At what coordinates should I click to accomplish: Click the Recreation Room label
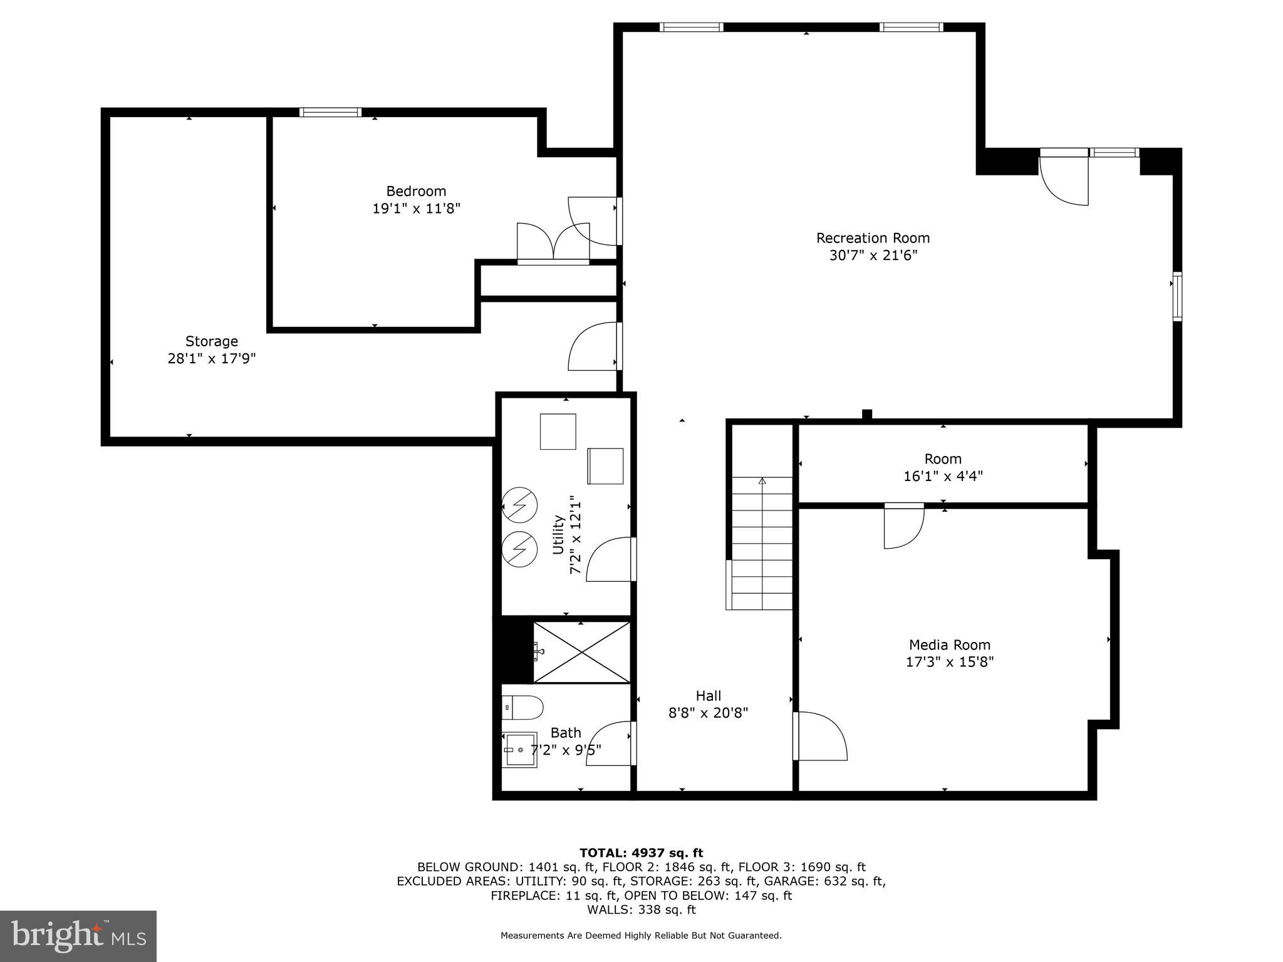pos(873,239)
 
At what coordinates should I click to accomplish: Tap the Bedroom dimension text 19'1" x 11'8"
pos(417,209)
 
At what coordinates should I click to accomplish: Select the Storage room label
pos(212,341)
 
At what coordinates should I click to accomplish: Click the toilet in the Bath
pos(523,707)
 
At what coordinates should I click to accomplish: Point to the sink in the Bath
pos(520,750)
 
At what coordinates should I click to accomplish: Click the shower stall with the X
pos(581,653)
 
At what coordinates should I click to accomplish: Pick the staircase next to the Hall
pos(762,542)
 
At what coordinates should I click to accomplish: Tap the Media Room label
pos(950,644)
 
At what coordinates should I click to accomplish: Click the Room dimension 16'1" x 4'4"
pos(943,476)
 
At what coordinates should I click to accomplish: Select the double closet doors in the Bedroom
pos(553,242)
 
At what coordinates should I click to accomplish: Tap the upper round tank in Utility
pos(520,504)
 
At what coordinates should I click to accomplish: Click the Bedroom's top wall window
pos(330,113)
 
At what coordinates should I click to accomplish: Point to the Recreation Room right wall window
pos(1177,297)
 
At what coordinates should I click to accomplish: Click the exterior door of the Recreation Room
pos(1064,178)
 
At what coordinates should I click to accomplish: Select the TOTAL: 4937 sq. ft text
pos(641,852)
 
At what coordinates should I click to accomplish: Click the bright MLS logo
pos(78,936)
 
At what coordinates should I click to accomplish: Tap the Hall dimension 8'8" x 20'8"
pos(708,713)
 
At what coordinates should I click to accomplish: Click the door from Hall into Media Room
pos(819,737)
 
